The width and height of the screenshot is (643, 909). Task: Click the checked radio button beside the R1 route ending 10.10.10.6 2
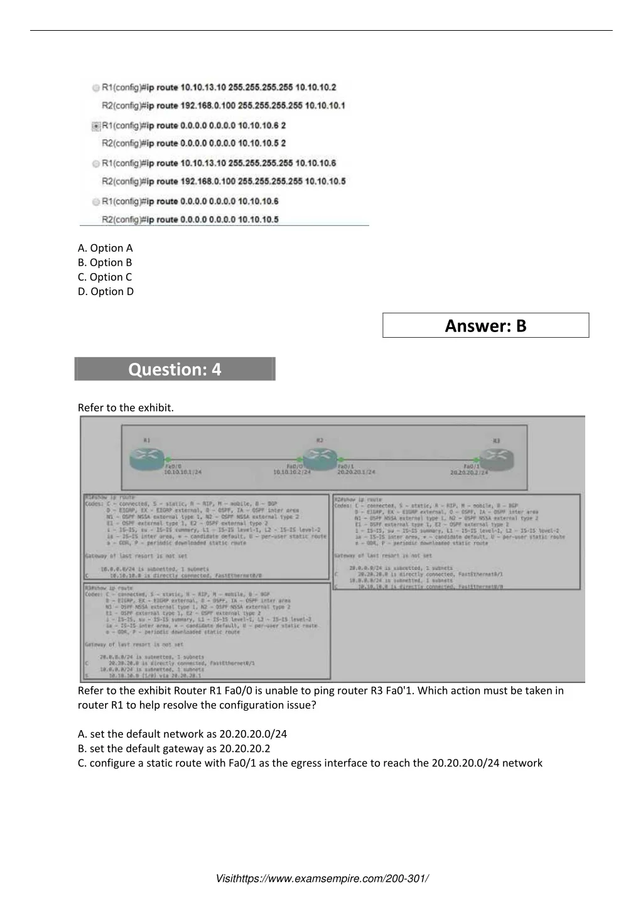(x=96, y=126)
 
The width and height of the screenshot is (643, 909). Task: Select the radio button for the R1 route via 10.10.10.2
(x=96, y=88)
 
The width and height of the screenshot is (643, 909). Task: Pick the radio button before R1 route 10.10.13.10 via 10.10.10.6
(x=96, y=164)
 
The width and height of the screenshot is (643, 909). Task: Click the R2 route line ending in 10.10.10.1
(x=223, y=105)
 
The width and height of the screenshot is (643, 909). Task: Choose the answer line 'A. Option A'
(x=105, y=248)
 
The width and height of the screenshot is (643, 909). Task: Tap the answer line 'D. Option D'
(x=105, y=291)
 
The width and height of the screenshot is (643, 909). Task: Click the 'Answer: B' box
(x=485, y=325)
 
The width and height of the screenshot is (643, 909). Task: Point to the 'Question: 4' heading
(x=175, y=369)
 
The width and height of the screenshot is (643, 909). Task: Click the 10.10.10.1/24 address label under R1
(x=183, y=472)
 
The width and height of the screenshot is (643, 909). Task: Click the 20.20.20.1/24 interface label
(x=356, y=472)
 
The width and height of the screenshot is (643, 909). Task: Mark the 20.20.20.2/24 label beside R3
(x=469, y=472)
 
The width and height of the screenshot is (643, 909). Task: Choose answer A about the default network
(x=182, y=734)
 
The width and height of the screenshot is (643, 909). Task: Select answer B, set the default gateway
(x=174, y=748)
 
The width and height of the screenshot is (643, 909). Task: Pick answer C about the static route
(x=310, y=763)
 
